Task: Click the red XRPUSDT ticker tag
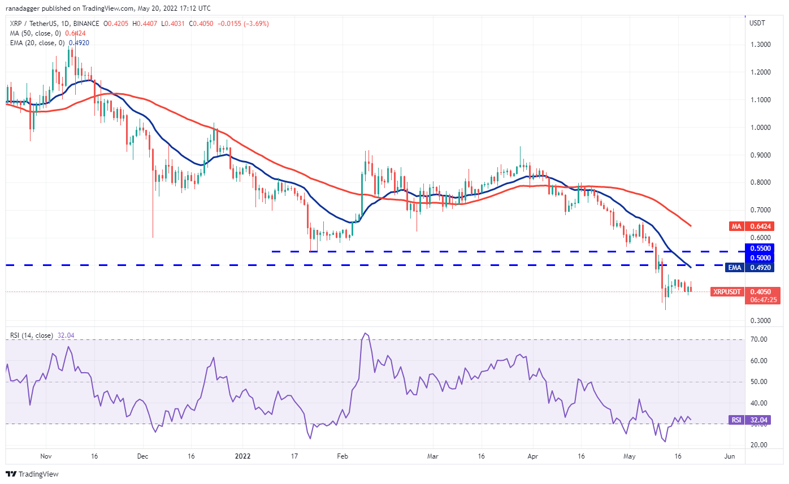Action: [x=725, y=292]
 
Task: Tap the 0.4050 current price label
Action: [x=760, y=292]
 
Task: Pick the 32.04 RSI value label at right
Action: [x=760, y=420]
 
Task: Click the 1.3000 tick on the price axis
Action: [x=759, y=45]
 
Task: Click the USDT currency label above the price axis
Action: [x=757, y=23]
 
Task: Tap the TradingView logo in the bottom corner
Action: [x=32, y=474]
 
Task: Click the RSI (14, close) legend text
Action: [x=31, y=335]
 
